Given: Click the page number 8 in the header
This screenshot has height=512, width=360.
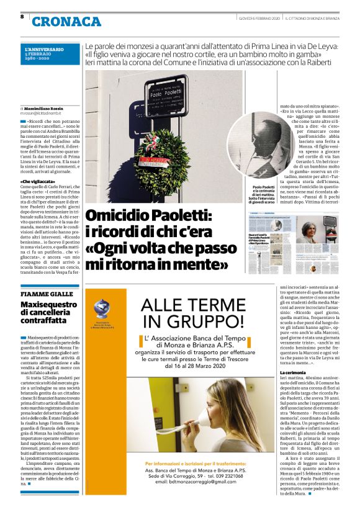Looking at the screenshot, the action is coord(22,17).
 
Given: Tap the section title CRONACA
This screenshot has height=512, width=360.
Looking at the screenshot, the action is coord(66,22).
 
